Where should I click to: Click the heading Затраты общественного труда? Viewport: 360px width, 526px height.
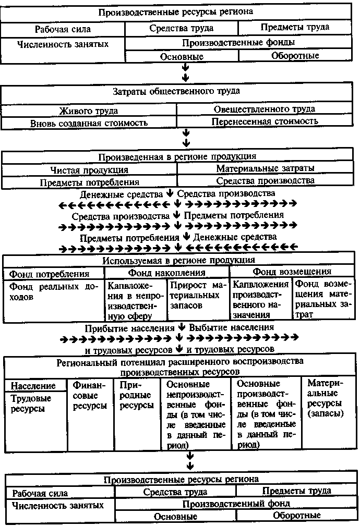point(176,92)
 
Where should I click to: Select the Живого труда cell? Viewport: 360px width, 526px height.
point(88,111)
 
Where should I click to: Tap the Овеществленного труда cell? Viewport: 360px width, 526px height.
point(264,109)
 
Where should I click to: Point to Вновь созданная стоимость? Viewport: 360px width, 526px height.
point(89,123)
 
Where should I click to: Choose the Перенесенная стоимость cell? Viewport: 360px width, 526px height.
point(265,121)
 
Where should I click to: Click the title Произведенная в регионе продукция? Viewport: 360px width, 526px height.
point(177,156)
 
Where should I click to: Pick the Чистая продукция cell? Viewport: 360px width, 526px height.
point(89,170)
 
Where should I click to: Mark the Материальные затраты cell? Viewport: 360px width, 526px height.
point(265,168)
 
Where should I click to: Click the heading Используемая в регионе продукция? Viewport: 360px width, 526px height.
point(178,260)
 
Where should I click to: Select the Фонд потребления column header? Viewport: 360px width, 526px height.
point(49,273)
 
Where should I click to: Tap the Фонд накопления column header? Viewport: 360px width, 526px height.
point(166,272)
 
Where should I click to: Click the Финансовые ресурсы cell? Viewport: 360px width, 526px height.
point(90,396)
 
